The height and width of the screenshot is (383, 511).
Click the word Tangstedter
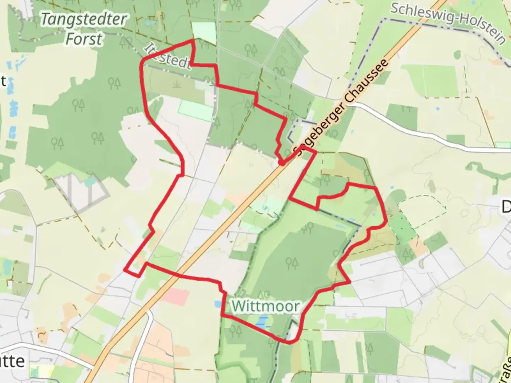84,20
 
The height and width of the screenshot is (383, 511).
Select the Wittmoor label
265,306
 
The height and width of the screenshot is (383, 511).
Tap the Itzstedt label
167,57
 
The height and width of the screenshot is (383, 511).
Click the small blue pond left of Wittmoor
217,304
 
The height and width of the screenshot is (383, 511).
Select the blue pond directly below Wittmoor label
262,322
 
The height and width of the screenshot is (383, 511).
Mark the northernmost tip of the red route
193,40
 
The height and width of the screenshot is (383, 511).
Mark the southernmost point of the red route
289,343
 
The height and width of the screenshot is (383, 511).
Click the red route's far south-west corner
125,270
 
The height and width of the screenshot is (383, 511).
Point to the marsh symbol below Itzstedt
176,84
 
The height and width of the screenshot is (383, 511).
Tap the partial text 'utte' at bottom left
12,361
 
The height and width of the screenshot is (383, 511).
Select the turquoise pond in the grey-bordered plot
90,182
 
